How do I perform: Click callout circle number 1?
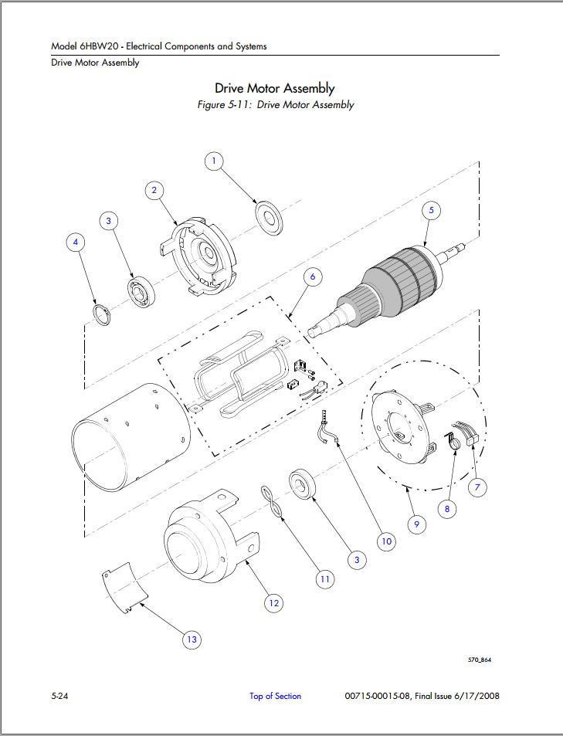pos(214,161)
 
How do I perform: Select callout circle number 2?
pos(154,191)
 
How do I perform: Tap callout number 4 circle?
pos(76,243)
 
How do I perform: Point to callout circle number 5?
pos(432,210)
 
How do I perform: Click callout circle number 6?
pos(313,277)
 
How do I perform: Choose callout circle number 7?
pos(477,487)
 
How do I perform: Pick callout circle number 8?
pos(447,509)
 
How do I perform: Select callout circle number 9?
pos(416,524)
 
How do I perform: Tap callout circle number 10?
pos(386,541)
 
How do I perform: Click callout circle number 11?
pos(325,579)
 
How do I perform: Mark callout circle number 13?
pos(192,639)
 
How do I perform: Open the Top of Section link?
pos(275,696)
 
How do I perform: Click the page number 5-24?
pos(59,696)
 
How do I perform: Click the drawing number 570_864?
pos(480,660)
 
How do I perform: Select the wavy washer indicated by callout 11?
pos(273,502)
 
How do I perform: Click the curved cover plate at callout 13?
pos(125,587)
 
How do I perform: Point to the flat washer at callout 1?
pos(269,218)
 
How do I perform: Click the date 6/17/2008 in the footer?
pos(477,696)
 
